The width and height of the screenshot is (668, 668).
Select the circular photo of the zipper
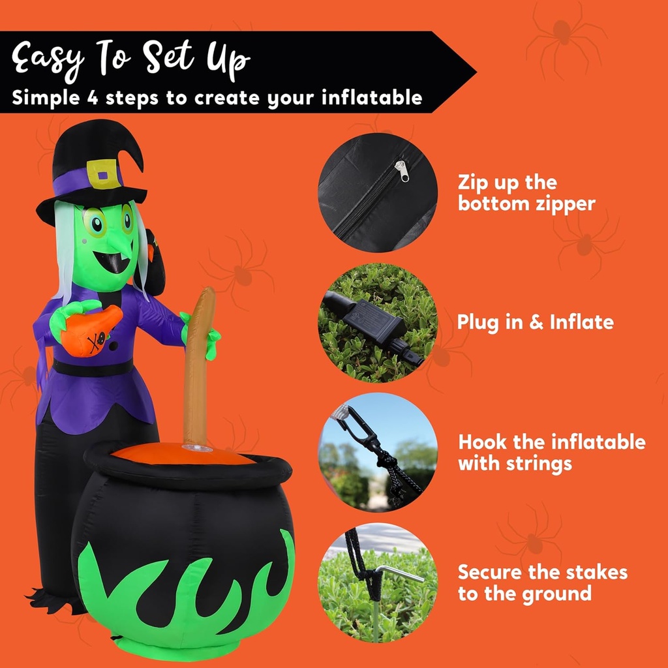click(x=377, y=192)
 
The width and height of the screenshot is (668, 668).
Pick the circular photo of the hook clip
click(x=377, y=451)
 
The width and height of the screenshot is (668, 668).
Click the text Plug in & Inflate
click(x=535, y=322)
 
